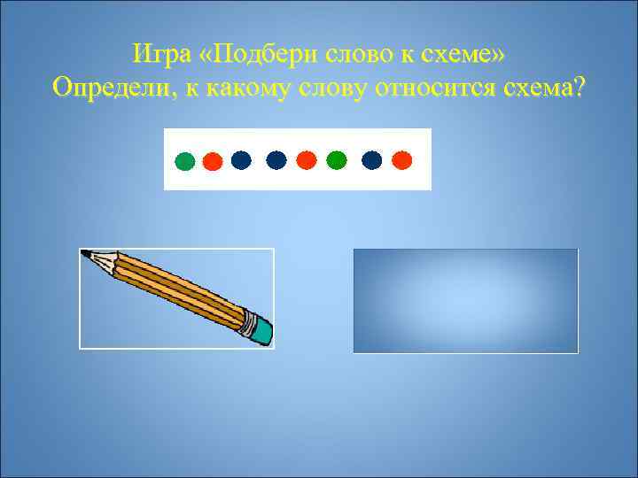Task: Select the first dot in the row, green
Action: [184, 162]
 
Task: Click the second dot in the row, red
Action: [212, 162]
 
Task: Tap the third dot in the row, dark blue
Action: [241, 159]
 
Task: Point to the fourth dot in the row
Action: [276, 159]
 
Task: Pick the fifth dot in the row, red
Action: [307, 159]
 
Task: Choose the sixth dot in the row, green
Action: [336, 159]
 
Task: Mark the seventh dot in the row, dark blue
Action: [372, 159]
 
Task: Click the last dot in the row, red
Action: [402, 159]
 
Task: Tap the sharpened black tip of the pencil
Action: [86, 254]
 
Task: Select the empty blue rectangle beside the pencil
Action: [466, 301]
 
